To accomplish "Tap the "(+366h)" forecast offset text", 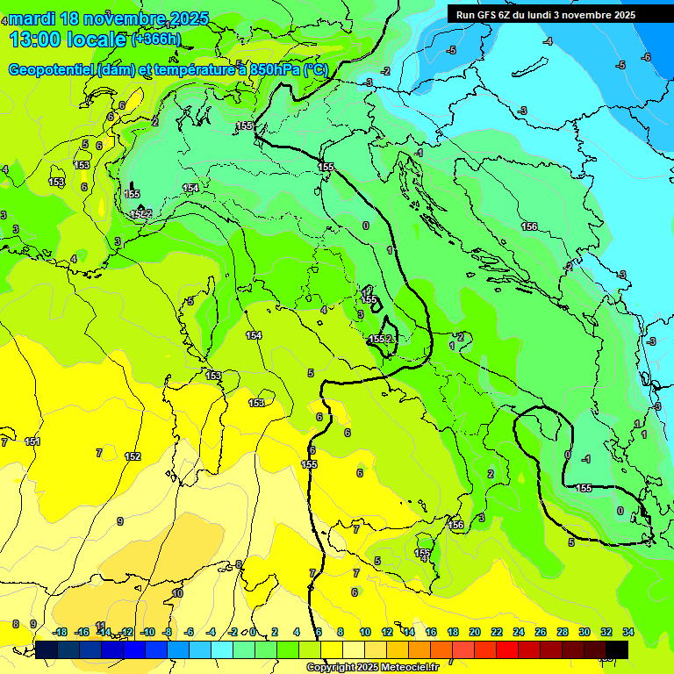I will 155,39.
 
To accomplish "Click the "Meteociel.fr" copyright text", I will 406,668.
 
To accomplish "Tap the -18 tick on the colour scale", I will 59,632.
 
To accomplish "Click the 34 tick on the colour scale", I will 627,632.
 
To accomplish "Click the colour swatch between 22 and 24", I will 507,649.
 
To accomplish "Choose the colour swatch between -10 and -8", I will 158,649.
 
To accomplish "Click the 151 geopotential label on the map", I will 32,441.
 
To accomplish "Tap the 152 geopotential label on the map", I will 133,456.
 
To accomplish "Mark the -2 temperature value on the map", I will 385,71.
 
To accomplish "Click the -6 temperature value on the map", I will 646,57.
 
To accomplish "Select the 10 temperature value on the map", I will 177,593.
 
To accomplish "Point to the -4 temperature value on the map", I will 548,41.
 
